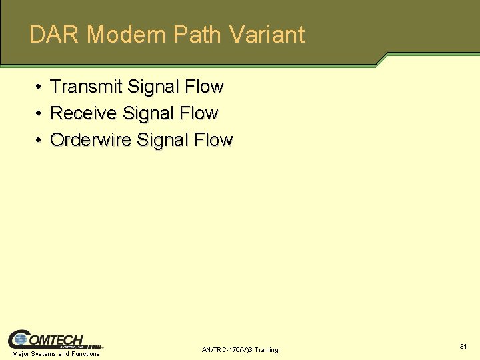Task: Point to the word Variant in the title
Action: click(266, 35)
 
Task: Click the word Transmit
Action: click(85, 87)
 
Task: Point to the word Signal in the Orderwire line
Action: click(163, 140)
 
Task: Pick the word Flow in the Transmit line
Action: click(205, 87)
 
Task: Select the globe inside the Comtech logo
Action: click(20, 340)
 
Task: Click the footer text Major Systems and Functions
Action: click(56, 354)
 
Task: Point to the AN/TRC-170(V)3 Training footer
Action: click(240, 350)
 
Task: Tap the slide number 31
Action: click(463, 346)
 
